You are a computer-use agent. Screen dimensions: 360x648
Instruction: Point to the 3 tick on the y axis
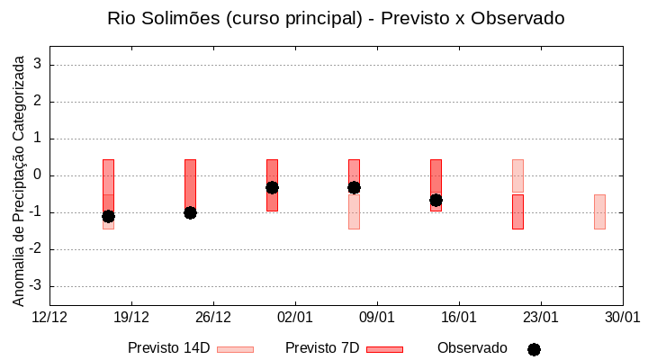pyautogui.click(x=39, y=65)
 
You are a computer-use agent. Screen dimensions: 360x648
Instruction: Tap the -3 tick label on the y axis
pyautogui.click(x=36, y=286)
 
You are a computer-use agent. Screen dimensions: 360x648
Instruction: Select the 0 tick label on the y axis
pyautogui.click(x=39, y=175)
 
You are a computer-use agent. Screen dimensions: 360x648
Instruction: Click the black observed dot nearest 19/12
pyautogui.click(x=108, y=216)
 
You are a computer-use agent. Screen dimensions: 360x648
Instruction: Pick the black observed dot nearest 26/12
pyautogui.click(x=190, y=212)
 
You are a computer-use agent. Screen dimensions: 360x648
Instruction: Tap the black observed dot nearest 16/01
pyautogui.click(x=436, y=200)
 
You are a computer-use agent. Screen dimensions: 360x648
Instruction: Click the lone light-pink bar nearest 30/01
pyautogui.click(x=599, y=211)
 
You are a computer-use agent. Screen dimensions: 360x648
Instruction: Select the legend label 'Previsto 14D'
pyautogui.click(x=168, y=348)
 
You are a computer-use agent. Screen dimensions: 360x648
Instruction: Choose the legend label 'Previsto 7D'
pyautogui.click(x=322, y=348)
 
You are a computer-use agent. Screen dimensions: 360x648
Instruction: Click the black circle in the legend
pyautogui.click(x=534, y=349)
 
